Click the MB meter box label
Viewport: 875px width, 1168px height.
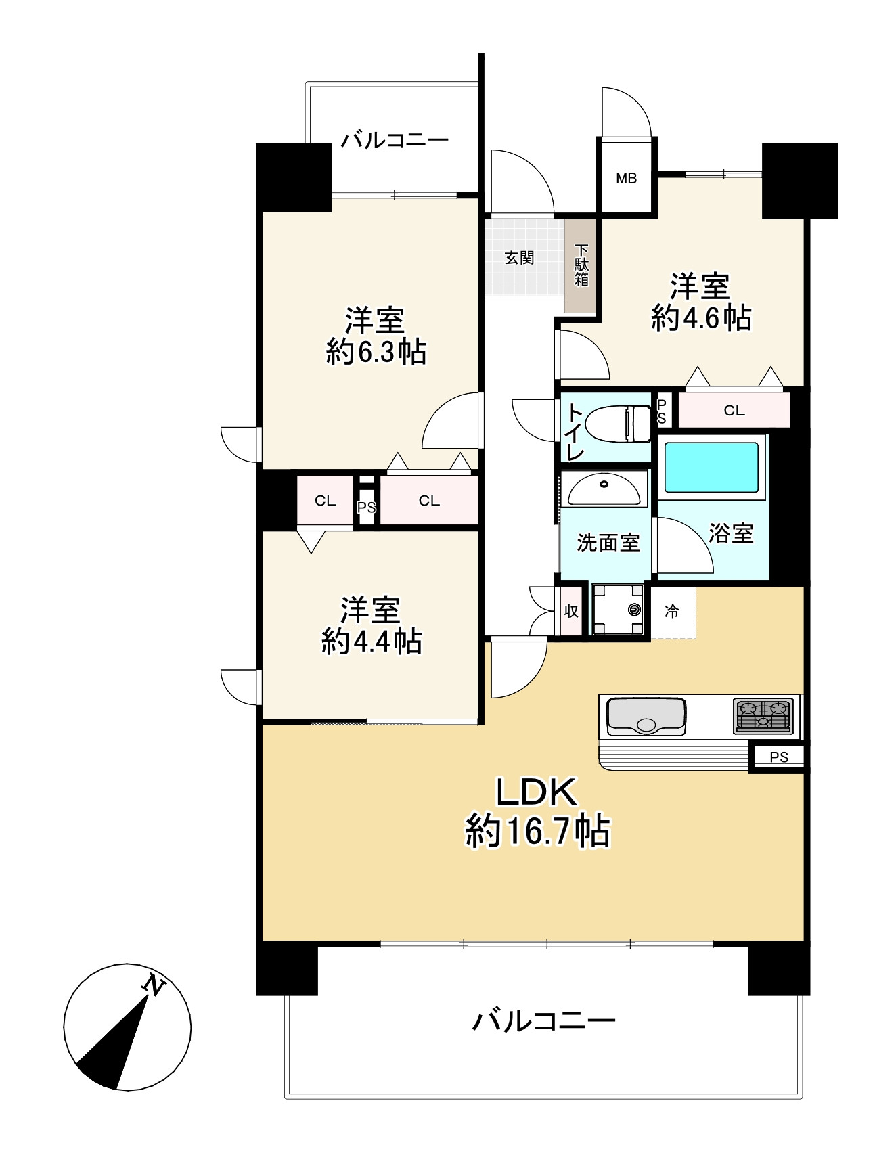626,179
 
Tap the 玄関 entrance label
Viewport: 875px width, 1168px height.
519,258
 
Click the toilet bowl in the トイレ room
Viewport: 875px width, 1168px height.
616,424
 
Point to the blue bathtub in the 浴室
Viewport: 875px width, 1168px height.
711,467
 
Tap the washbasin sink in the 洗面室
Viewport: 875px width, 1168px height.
604,489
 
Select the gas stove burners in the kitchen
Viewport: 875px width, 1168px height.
763,716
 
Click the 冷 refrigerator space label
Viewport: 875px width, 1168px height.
671,612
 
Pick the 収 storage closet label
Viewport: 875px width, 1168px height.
571,610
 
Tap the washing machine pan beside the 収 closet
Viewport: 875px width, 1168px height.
618,610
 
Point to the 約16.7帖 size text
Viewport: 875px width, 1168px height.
537,832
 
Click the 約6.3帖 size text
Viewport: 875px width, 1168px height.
376,352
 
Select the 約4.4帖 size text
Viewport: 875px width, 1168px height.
372,641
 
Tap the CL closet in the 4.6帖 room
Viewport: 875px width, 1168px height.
734,410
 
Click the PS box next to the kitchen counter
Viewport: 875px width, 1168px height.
779,757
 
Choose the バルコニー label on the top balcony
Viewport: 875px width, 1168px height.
395,140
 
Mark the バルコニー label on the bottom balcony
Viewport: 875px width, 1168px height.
543,1020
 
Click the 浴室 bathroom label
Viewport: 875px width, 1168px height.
731,533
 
